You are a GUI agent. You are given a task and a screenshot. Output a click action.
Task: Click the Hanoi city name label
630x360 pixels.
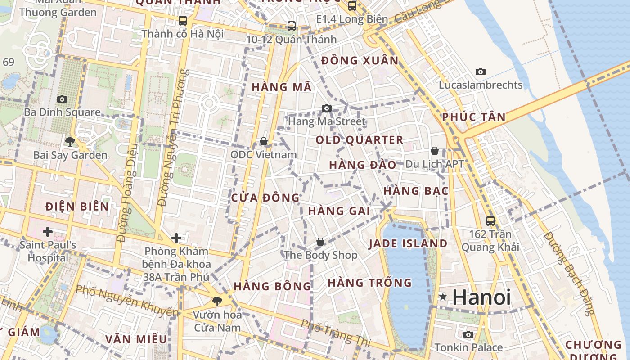pyautogui.click(x=481, y=297)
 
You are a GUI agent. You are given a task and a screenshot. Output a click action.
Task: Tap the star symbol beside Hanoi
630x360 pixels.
pyautogui.click(x=443, y=297)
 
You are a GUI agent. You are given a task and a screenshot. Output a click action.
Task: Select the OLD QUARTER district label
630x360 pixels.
pyautogui.click(x=359, y=140)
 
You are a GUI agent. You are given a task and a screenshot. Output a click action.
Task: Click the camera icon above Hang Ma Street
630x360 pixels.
pyautogui.click(x=327, y=108)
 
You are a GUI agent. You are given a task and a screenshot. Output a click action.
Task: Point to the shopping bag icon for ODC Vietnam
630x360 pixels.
pyautogui.click(x=264, y=142)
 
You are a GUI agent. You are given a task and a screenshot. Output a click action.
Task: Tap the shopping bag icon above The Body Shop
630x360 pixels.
pyautogui.click(x=320, y=242)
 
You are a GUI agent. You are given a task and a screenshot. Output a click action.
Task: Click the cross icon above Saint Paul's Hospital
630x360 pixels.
pyautogui.click(x=47, y=232)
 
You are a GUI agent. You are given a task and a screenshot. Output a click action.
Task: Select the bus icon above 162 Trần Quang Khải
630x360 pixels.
pyautogui.click(x=490, y=221)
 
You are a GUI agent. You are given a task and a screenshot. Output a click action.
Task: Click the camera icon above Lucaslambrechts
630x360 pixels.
pyautogui.click(x=481, y=72)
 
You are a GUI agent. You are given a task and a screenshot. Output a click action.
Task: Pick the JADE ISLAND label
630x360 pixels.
pyautogui.click(x=408, y=244)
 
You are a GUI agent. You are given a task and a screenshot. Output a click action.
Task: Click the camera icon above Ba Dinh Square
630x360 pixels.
pyautogui.click(x=62, y=99)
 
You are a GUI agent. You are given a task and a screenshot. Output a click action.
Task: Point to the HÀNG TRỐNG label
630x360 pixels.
pyautogui.click(x=369, y=283)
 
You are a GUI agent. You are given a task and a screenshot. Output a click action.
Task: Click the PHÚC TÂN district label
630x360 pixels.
pyautogui.click(x=473, y=117)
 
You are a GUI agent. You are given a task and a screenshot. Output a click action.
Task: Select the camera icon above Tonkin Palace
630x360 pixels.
pyautogui.click(x=468, y=334)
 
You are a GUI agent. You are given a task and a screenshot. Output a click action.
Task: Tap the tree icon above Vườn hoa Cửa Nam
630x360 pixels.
pyautogui.click(x=217, y=301)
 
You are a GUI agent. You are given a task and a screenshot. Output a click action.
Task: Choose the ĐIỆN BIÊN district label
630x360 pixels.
pyautogui.click(x=77, y=207)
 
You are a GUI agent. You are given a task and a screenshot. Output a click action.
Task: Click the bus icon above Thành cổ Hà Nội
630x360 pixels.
pyautogui.click(x=182, y=20)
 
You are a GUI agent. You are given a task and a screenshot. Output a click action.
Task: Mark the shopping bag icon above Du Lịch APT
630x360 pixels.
pyautogui.click(x=435, y=151)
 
